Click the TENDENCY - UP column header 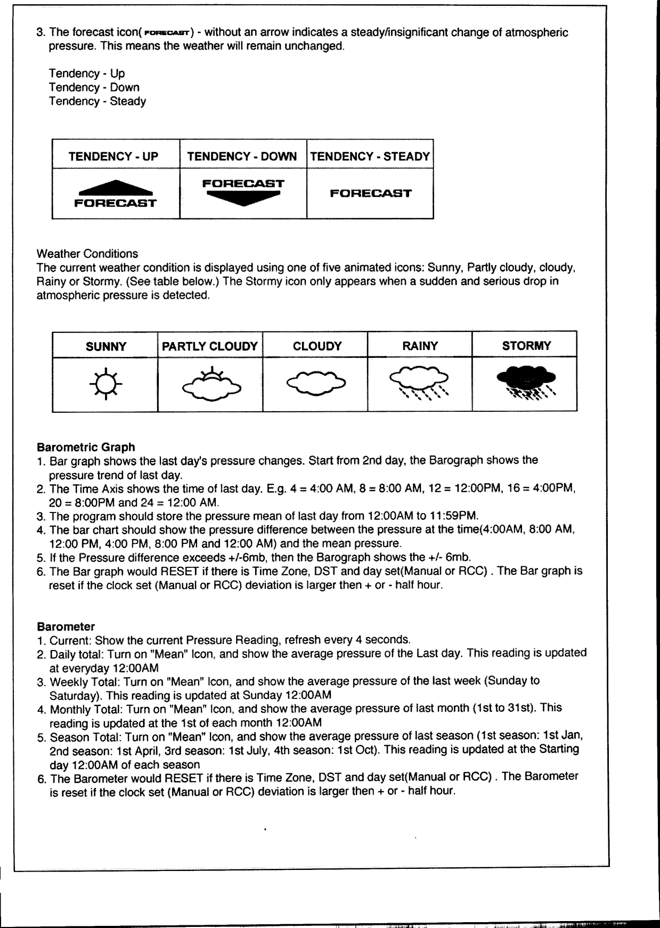(113, 156)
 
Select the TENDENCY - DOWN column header (242, 156)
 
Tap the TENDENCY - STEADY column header (370, 156)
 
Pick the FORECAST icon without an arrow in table (370, 193)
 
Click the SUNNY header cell (105, 347)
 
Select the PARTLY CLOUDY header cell (210, 346)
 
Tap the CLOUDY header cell (317, 346)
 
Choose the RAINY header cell (420, 346)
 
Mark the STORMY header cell (526, 346)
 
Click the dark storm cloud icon (526, 382)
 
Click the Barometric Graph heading (86, 447)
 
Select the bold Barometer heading (66, 626)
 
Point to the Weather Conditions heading (87, 254)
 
